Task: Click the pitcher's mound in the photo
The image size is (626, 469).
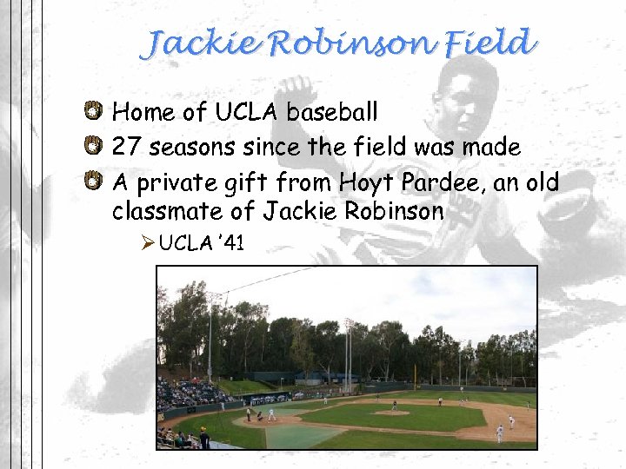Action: click(392, 413)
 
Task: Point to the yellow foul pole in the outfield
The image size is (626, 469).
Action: click(415, 375)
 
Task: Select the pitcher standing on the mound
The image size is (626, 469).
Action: click(394, 406)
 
